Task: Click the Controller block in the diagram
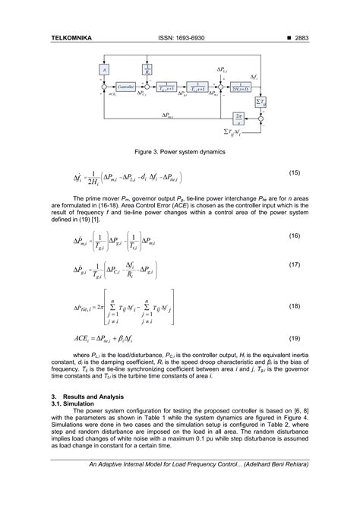125,87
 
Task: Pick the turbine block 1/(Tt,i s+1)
196,87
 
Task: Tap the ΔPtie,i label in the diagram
173,116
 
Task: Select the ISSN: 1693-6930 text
180,37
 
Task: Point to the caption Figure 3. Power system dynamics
179,151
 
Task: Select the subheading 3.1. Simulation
74,404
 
